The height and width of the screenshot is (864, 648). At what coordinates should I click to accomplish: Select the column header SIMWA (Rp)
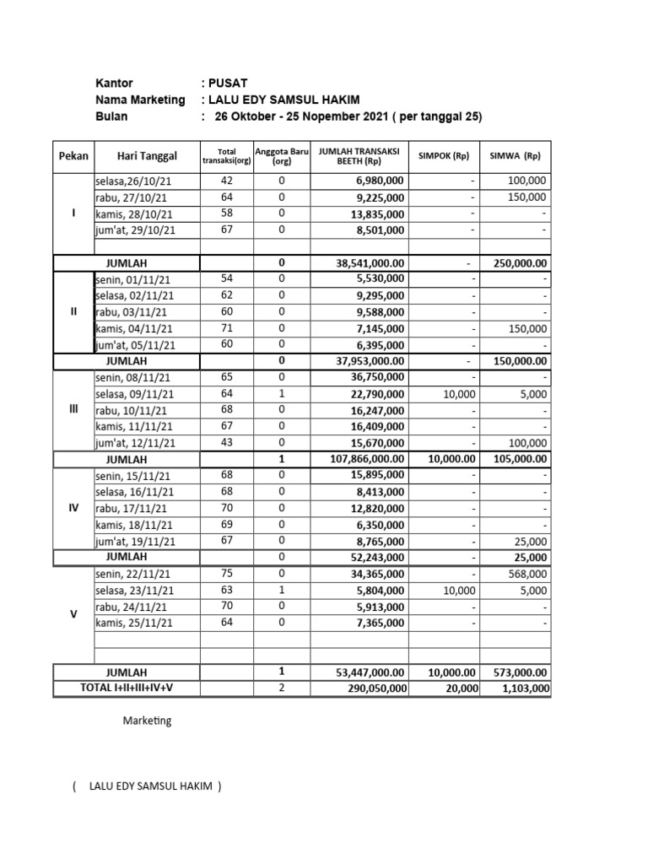(516, 156)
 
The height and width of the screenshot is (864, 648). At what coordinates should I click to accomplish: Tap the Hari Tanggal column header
(147, 156)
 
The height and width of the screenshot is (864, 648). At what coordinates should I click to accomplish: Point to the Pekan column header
(73, 156)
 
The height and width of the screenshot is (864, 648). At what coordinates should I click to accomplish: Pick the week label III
(73, 409)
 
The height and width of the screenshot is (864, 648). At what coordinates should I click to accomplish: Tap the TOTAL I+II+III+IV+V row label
(127, 688)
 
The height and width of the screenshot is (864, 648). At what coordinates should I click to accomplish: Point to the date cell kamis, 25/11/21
(135, 624)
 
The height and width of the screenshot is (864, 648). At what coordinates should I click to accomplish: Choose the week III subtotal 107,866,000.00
(367, 459)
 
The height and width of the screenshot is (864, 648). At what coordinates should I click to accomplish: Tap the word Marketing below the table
(147, 721)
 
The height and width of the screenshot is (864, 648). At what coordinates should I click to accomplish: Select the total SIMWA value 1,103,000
(526, 688)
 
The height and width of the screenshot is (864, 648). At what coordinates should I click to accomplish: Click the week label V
(73, 615)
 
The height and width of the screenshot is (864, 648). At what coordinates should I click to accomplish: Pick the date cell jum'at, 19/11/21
(136, 542)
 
